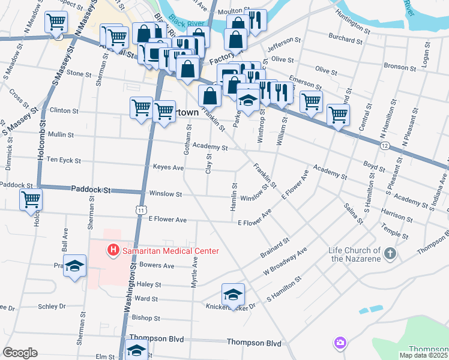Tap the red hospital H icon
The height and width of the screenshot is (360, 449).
click(112, 250)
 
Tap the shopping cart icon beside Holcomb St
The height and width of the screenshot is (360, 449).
click(30, 199)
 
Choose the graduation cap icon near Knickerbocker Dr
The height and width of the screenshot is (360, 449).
click(233, 294)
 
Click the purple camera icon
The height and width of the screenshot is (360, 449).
click(340, 343)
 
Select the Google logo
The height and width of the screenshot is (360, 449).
click(20, 353)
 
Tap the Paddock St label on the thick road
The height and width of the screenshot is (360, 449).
click(91, 189)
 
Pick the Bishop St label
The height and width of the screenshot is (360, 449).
click(146, 318)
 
